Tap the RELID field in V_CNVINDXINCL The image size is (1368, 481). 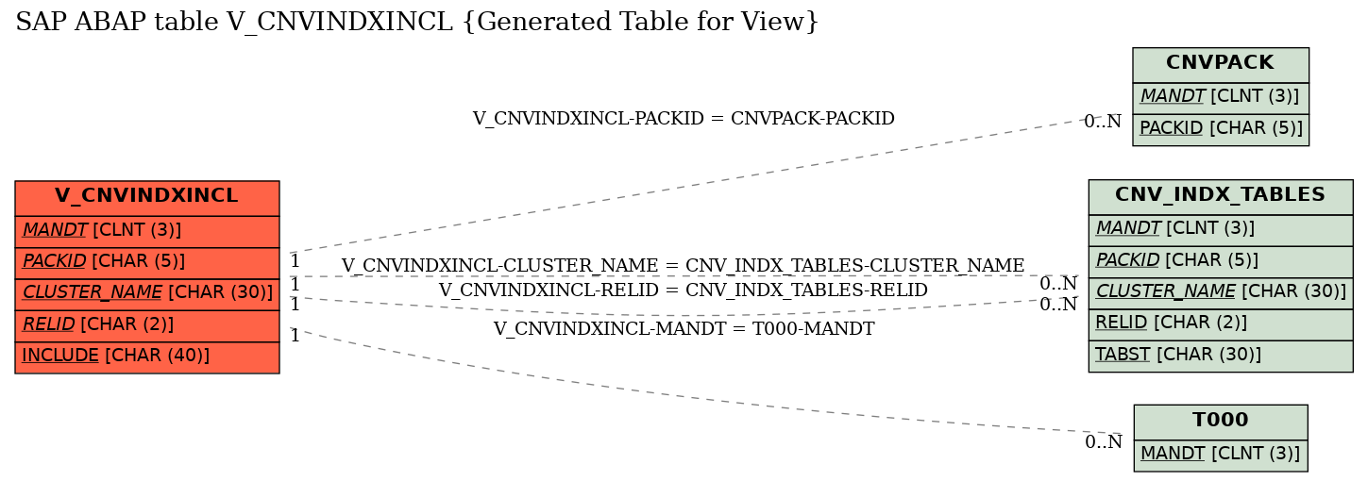(x=147, y=325)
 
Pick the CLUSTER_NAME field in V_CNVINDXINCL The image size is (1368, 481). (x=147, y=293)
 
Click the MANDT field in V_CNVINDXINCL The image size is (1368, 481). (x=147, y=231)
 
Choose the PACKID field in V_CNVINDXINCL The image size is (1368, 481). (x=147, y=262)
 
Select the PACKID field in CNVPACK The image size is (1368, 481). (x=1220, y=129)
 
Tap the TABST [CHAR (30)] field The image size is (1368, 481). (x=1220, y=356)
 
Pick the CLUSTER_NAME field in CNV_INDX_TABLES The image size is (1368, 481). (x=1220, y=292)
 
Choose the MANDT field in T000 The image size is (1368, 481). (x=1220, y=455)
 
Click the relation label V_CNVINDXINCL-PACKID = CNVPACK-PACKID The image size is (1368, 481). (x=684, y=119)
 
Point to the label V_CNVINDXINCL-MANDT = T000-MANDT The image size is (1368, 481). (x=684, y=328)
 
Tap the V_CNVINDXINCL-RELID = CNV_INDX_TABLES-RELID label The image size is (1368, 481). (x=683, y=290)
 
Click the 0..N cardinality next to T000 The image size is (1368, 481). (x=1104, y=442)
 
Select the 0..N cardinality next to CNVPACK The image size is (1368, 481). (x=1103, y=122)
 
